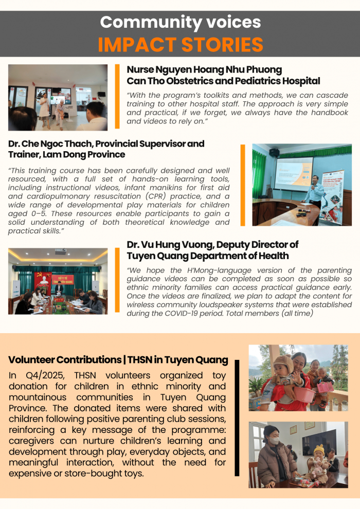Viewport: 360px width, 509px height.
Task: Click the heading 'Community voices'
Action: pos(180,22)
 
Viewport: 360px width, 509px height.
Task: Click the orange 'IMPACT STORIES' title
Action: pos(180,45)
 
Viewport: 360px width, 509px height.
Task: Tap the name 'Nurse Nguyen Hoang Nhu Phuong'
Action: pos(204,69)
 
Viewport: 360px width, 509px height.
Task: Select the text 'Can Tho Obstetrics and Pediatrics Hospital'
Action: pos(223,81)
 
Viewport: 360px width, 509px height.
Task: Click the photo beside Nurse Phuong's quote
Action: pos(58,97)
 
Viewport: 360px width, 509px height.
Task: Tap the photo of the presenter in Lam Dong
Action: pos(302,185)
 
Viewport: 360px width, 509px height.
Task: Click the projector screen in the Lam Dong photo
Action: pos(293,173)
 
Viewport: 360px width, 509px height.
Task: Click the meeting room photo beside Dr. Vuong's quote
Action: pos(58,281)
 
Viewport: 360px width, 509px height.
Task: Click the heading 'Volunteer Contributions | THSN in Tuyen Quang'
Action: pos(118,359)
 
